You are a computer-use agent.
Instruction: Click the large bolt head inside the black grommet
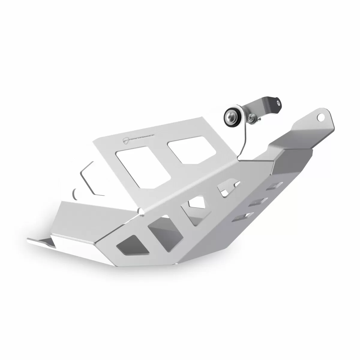click(232, 116)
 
